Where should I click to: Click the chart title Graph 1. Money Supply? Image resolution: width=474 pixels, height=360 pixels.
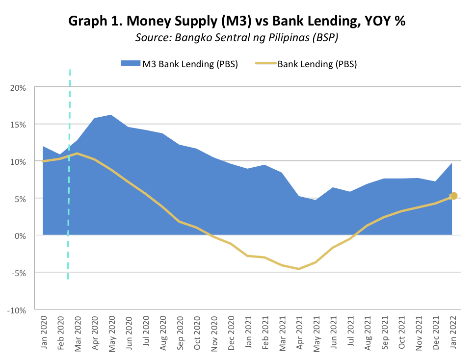[x=237, y=22]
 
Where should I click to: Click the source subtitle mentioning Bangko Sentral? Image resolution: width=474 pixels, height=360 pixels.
[x=237, y=38]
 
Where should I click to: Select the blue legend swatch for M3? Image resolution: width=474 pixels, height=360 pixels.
[x=131, y=64]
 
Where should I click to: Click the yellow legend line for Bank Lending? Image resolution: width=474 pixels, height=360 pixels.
[x=265, y=64]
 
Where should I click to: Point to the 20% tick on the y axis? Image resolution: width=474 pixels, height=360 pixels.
[x=18, y=88]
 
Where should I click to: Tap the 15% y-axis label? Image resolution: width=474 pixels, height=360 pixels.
[x=18, y=125]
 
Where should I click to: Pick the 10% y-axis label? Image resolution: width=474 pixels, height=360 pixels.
[x=18, y=161]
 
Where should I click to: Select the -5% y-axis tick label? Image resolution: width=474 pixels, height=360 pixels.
[x=19, y=272]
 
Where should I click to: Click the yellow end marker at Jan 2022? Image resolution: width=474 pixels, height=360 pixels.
[x=454, y=196]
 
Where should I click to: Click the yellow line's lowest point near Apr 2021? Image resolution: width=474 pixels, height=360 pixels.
[x=299, y=269]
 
